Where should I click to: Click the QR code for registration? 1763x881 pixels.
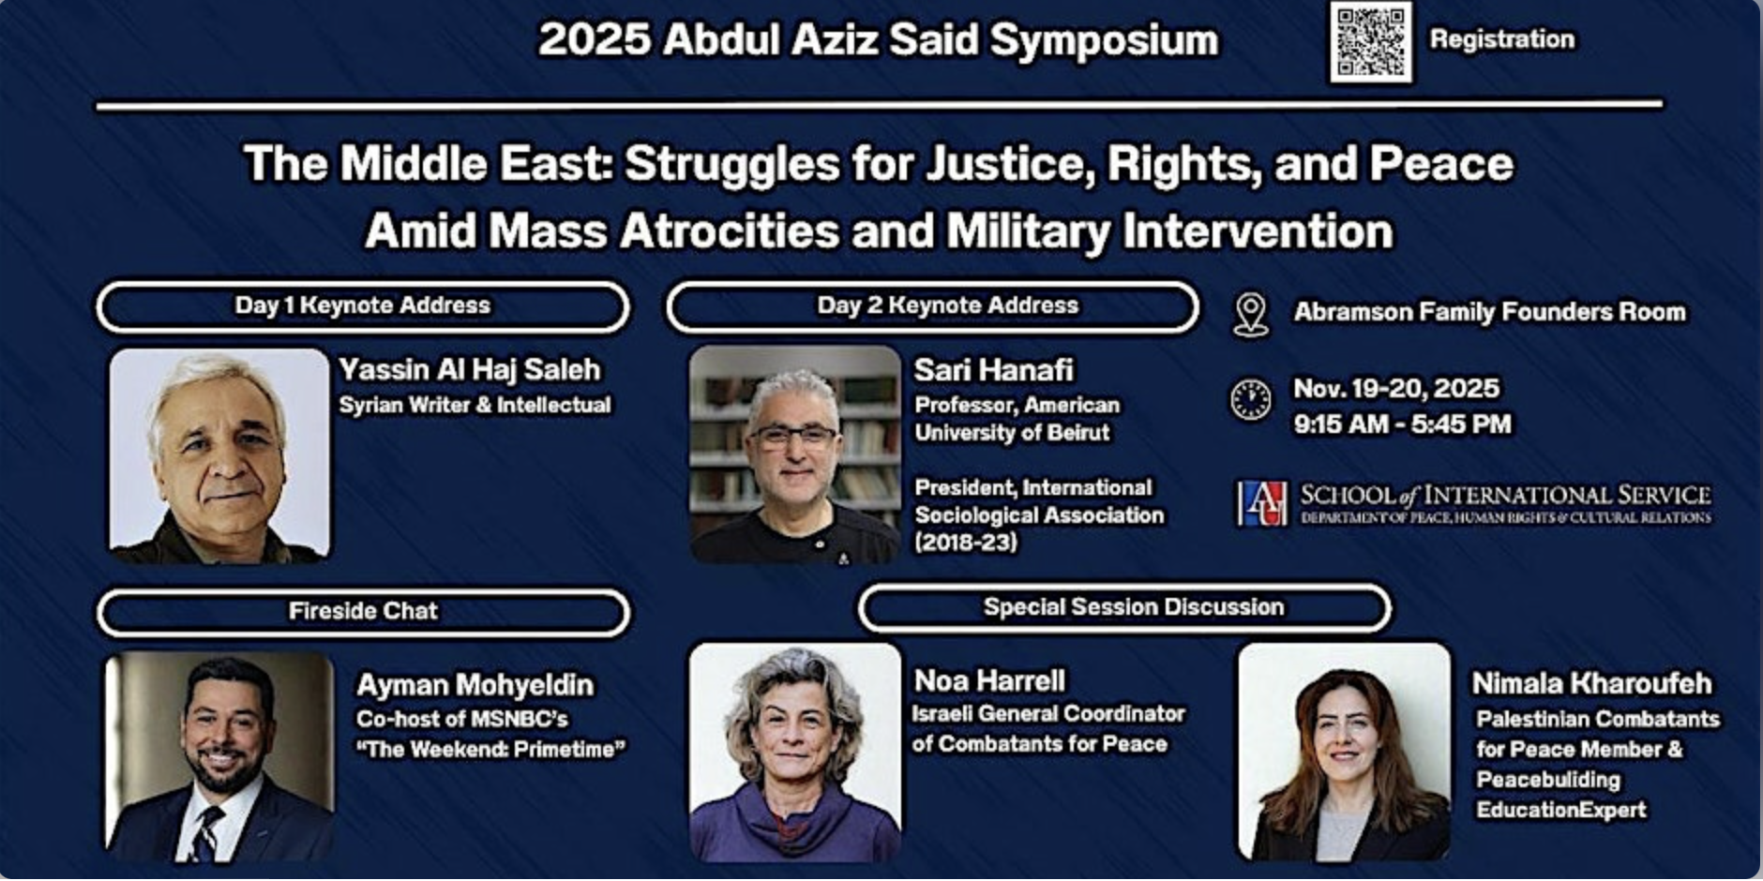pyautogui.click(x=1370, y=42)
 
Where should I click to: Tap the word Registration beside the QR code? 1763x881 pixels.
pyautogui.click(x=1501, y=39)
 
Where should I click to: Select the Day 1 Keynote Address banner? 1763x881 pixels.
pyautogui.click(x=363, y=306)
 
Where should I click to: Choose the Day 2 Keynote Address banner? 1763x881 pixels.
pyautogui.click(x=932, y=306)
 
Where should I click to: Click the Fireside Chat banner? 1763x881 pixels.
pyautogui.click(x=363, y=612)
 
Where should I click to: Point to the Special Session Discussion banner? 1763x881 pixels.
pyautogui.click(x=1124, y=608)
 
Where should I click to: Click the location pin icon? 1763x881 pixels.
pyautogui.click(x=1250, y=314)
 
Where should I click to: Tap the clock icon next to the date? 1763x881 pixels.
pyautogui.click(x=1250, y=400)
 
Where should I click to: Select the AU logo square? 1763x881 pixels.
pyautogui.click(x=1261, y=503)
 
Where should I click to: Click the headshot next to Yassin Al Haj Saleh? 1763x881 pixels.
pyautogui.click(x=219, y=455)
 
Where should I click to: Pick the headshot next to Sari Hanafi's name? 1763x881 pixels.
pyautogui.click(x=794, y=455)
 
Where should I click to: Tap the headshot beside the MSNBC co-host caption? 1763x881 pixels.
pyautogui.click(x=219, y=757)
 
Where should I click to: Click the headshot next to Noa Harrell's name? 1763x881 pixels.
pyautogui.click(x=794, y=752)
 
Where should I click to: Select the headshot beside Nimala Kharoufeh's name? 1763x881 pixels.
pyautogui.click(x=1343, y=752)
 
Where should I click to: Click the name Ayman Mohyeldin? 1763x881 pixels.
pyautogui.click(x=475, y=685)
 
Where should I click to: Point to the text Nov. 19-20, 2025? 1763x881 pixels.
pyautogui.click(x=1395, y=389)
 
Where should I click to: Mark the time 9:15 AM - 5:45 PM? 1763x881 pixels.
pyautogui.click(x=1402, y=425)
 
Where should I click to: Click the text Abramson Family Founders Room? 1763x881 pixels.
pyautogui.click(x=1489, y=312)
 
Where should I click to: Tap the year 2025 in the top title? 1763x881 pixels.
pyautogui.click(x=595, y=40)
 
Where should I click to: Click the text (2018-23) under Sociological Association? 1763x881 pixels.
pyautogui.click(x=966, y=542)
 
